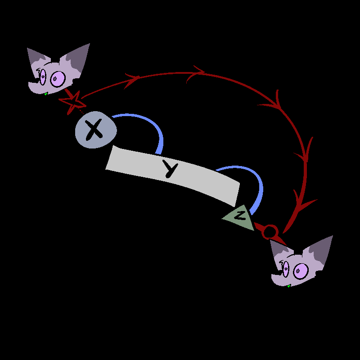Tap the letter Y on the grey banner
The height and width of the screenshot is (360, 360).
coord(171,169)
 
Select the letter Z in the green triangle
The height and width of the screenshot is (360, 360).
coord(241,215)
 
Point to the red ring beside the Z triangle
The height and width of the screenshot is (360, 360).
coord(270,232)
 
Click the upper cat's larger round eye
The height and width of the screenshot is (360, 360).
coord(58,79)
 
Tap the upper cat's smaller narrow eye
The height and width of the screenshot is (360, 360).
coord(43,76)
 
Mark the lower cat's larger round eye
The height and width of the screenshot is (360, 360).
coord(300,271)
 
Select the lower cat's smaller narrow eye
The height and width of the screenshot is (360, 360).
coord(285,268)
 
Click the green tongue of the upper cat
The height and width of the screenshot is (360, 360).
coord(45,94)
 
